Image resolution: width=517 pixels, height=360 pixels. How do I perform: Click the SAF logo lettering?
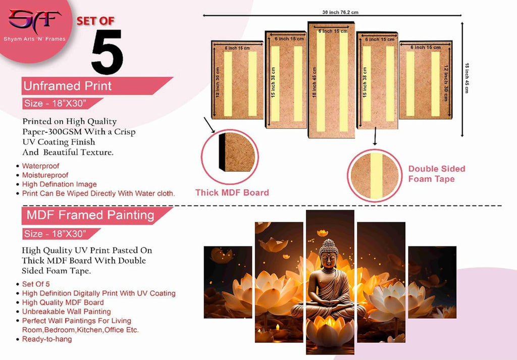click(35, 20)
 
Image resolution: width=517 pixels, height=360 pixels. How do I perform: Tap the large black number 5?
click(107, 52)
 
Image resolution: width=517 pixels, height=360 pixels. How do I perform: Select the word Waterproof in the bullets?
click(40, 166)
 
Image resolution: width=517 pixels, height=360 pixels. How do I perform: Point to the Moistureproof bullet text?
click(45, 175)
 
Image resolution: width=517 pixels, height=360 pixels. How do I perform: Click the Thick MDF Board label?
click(232, 192)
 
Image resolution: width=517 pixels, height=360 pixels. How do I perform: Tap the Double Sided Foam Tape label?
click(437, 174)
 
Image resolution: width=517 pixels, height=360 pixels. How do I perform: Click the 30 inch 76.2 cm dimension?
click(340, 12)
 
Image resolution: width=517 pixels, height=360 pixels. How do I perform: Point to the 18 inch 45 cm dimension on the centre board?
click(314, 82)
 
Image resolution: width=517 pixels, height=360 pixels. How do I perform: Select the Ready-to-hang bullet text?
click(47, 339)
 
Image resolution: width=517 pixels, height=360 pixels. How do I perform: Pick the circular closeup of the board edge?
click(230, 157)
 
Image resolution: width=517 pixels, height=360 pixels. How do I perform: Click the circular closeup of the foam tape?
click(375, 175)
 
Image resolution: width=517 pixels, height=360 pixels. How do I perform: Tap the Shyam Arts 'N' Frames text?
click(35, 39)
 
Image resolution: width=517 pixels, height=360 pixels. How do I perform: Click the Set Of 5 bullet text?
click(36, 284)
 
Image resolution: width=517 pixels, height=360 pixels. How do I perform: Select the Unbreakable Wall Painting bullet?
click(66, 312)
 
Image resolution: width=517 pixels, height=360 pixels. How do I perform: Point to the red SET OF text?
click(95, 21)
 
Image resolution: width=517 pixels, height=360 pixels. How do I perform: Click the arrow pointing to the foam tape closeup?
click(375, 136)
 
